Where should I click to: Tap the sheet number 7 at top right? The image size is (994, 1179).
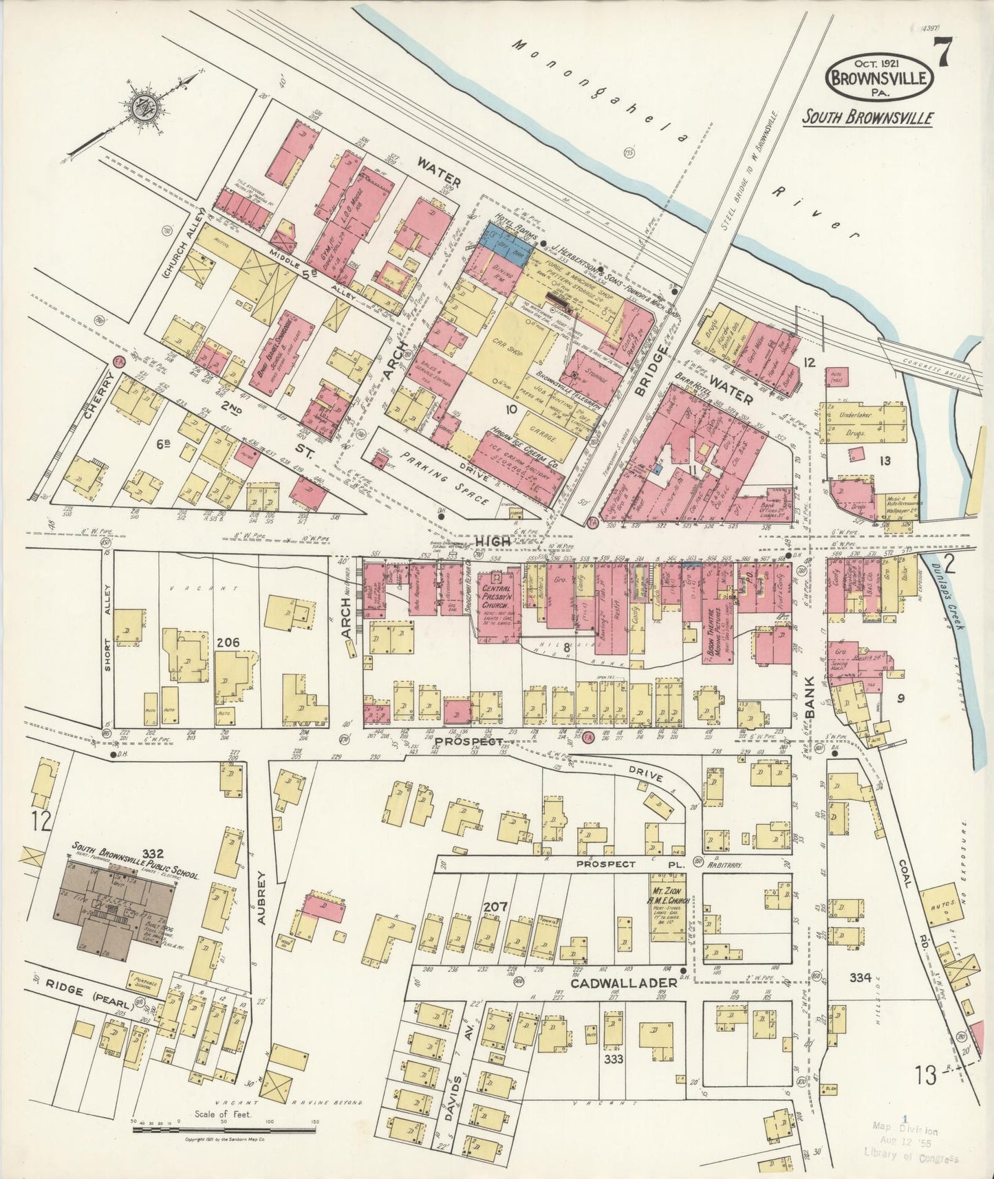click(941, 52)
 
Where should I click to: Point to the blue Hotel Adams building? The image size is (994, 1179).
click(507, 236)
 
